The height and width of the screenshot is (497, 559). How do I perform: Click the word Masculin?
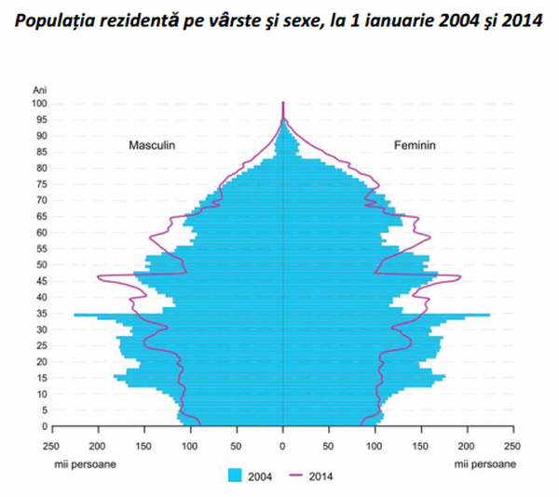[x=152, y=146]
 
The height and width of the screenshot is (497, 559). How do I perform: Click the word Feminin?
[x=415, y=146]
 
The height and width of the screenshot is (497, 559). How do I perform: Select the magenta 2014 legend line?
[x=297, y=476]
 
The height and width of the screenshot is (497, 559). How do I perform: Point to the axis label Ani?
[x=39, y=89]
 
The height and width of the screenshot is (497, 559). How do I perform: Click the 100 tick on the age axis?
[x=39, y=103]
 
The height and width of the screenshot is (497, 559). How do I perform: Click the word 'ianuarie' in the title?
[x=383, y=19]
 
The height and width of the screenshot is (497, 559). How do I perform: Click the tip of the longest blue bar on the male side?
[x=75, y=315]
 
